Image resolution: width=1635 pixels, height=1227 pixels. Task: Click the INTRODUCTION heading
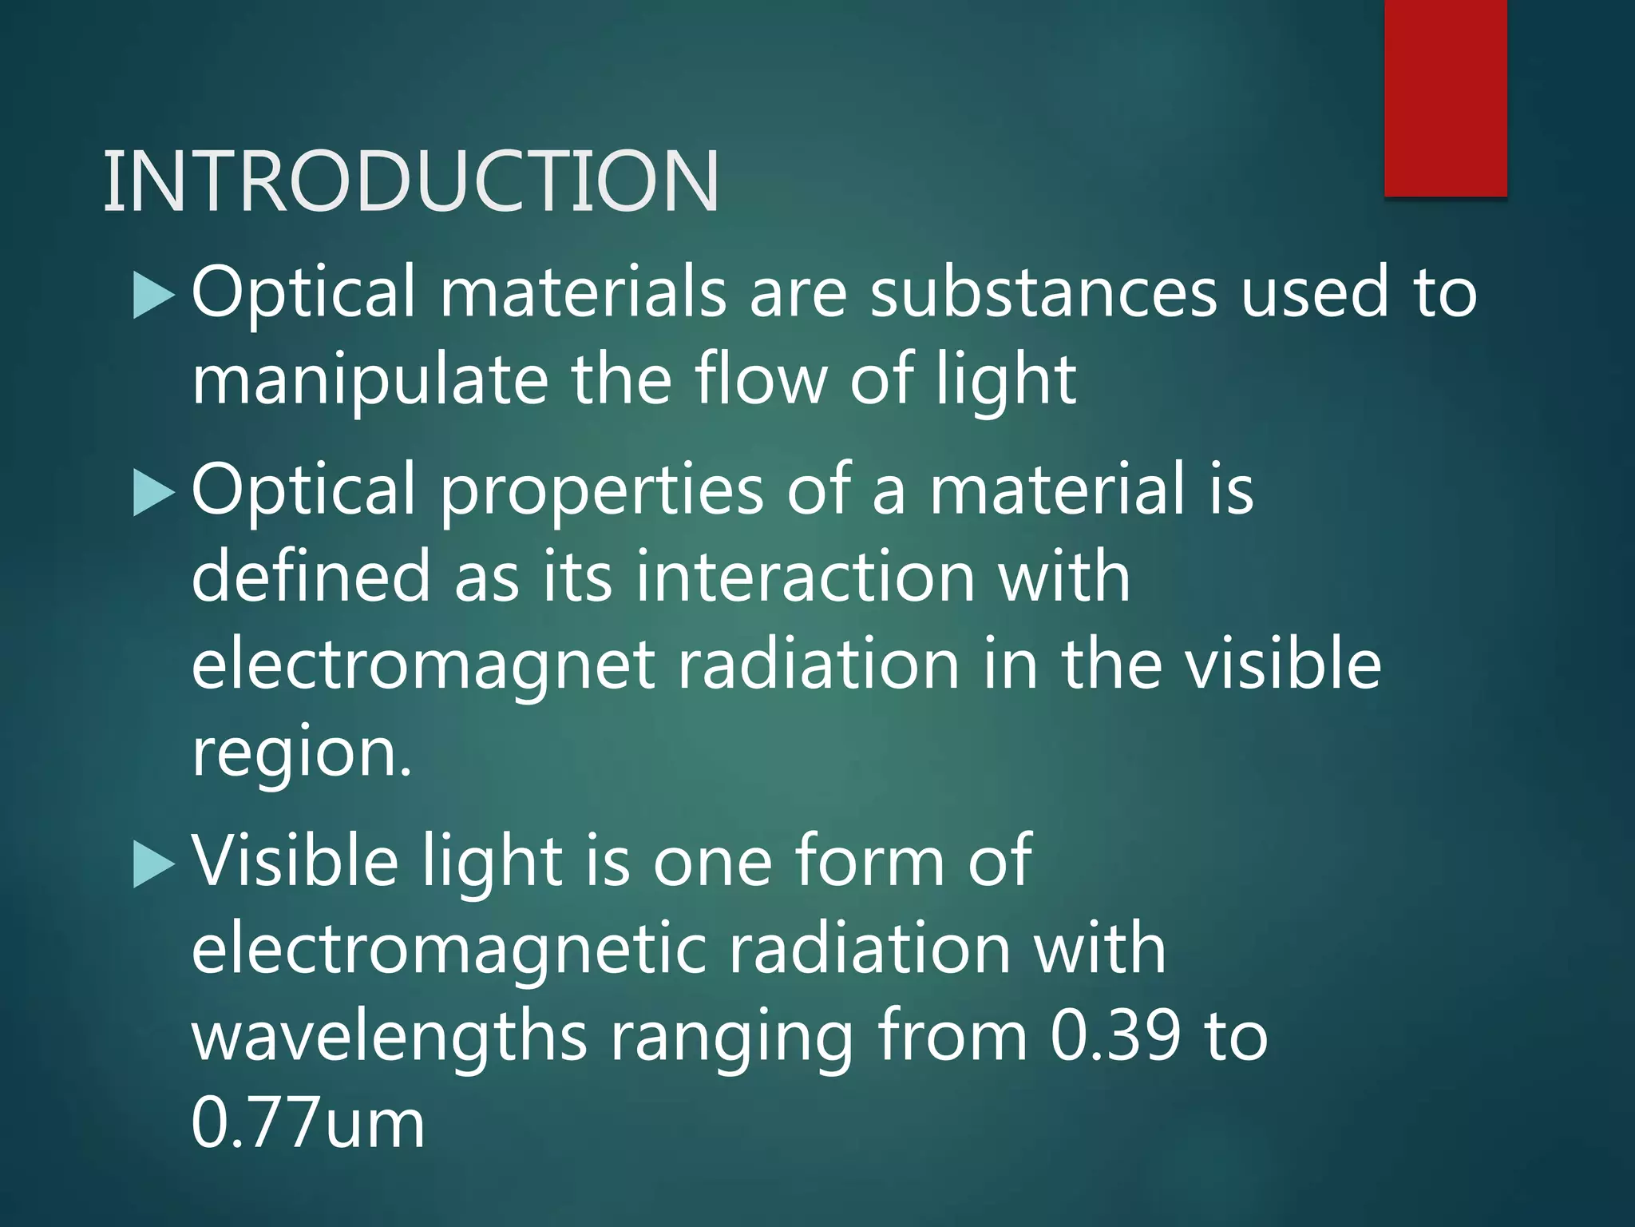(x=411, y=181)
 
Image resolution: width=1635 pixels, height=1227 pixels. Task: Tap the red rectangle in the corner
(x=1445, y=97)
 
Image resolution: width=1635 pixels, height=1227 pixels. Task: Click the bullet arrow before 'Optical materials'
(x=153, y=295)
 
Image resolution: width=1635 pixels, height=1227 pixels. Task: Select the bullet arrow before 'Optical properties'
(x=153, y=492)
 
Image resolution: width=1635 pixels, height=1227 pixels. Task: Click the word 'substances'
(x=1043, y=292)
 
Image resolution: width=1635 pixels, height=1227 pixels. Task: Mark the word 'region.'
(x=302, y=755)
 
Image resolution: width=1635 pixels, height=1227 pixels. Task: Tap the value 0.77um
(x=307, y=1122)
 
